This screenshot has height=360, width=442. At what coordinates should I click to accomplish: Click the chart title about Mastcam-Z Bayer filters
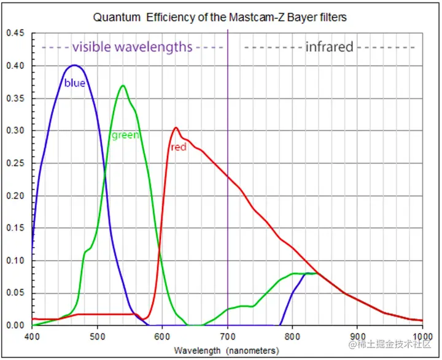pos(220,17)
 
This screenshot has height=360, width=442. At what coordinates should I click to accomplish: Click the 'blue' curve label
pos(75,83)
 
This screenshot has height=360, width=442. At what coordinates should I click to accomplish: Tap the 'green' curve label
pos(125,135)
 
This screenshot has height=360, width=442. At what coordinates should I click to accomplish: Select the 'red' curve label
pos(178,147)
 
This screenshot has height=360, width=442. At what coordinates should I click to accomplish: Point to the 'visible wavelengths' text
pos(132,47)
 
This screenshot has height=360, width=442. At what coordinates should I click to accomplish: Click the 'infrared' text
pos(329,47)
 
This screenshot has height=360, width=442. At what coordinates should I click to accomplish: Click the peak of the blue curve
pos(74,65)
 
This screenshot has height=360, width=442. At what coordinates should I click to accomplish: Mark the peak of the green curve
pos(123,86)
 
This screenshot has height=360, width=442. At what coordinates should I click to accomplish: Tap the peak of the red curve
pos(176,128)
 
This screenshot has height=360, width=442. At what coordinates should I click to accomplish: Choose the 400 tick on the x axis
pos(32,337)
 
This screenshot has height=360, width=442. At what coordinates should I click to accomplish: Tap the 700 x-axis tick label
pos(227,337)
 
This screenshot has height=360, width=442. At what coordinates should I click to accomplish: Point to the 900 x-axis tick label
pos(357,337)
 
